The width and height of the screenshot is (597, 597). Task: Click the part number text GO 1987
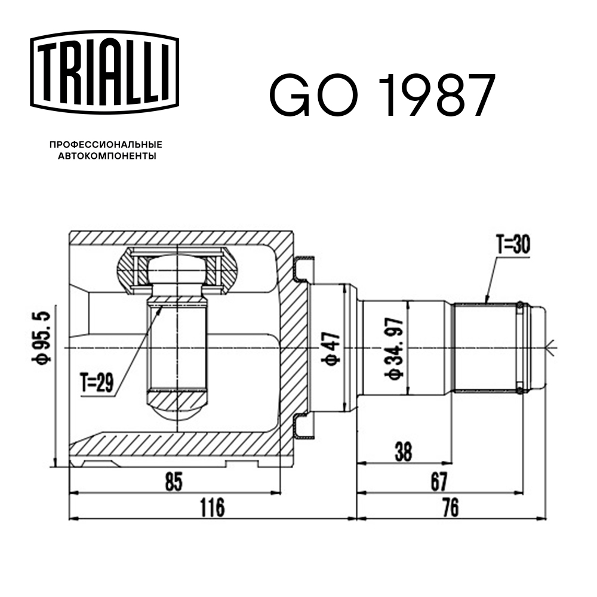382,96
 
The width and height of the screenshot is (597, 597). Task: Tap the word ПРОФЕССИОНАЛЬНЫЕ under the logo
106,145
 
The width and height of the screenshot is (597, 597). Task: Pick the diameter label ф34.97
396,349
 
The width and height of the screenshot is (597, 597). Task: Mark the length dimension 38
404,451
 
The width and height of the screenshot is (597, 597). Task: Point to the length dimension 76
451,508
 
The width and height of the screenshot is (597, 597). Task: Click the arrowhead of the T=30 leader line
486,302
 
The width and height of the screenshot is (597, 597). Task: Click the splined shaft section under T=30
484,347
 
